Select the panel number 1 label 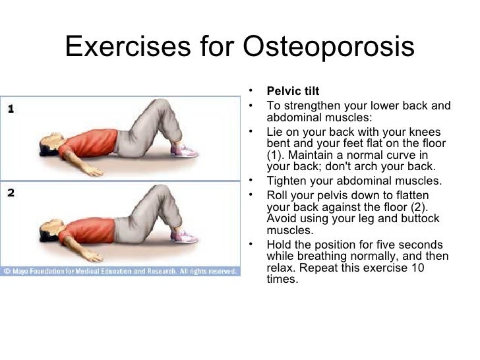(11, 111)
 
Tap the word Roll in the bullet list (278, 195)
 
